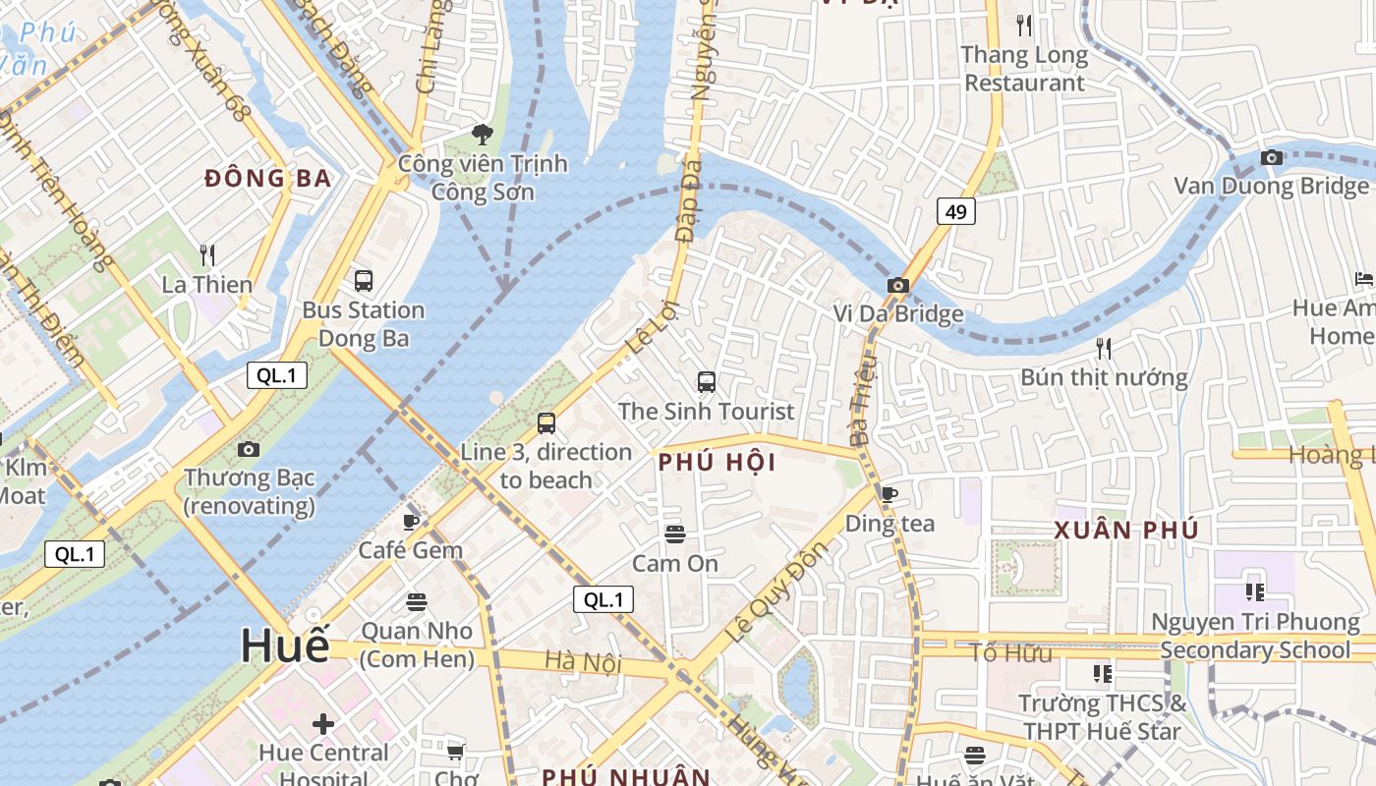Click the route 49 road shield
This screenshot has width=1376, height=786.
[955, 211]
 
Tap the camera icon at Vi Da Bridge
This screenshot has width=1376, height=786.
[897, 285]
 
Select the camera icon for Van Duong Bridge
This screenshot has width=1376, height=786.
[1271, 157]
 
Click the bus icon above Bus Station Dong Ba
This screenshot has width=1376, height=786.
[364, 281]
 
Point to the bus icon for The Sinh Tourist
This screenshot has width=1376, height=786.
[706, 382]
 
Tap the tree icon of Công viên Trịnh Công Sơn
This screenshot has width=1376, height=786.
[482, 134]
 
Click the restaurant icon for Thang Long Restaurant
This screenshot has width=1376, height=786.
[1024, 26]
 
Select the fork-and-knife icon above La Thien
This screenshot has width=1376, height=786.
[207, 255]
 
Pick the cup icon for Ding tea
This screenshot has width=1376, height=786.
[889, 494]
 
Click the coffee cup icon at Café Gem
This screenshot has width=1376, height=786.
[411, 521]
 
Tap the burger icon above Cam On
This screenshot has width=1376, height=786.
[674, 534]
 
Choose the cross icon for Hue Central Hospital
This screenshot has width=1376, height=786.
[323, 724]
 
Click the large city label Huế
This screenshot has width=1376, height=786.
[285, 646]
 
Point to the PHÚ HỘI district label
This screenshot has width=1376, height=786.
[717, 462]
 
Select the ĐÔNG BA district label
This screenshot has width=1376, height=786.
[267, 179]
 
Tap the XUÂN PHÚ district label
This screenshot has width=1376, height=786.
[1126, 531]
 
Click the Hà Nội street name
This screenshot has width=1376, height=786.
[583, 662]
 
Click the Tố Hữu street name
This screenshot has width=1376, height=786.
[1010, 653]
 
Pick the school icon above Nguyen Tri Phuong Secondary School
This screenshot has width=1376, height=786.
[1254, 591]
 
